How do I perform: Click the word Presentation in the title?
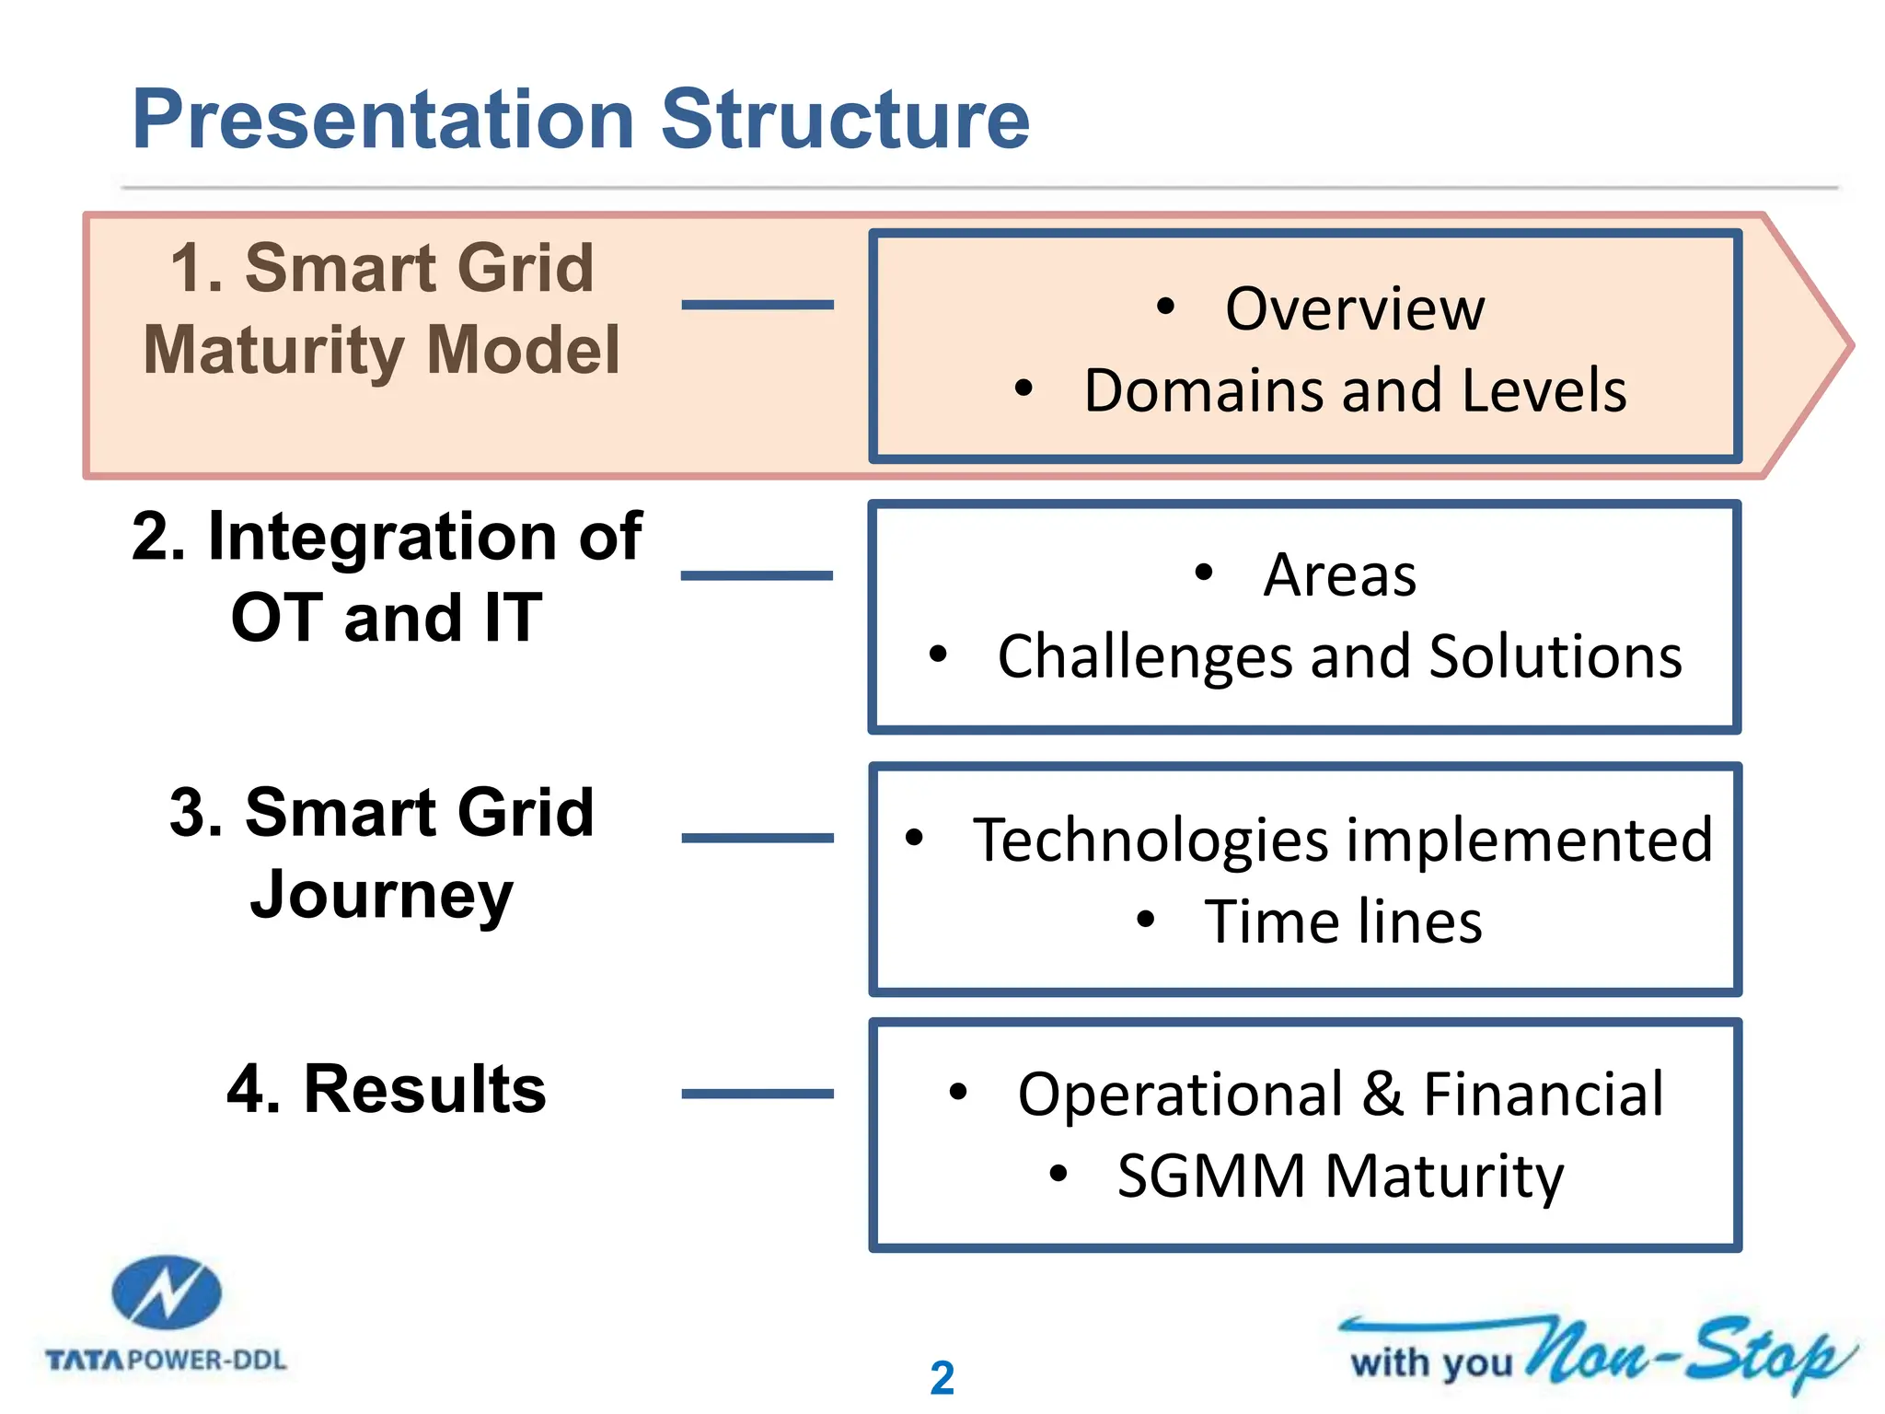(x=384, y=120)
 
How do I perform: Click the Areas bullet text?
(x=1339, y=574)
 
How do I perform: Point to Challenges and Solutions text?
(x=1340, y=656)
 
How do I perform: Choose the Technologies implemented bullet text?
(x=1343, y=840)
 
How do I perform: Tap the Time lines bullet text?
(x=1344, y=921)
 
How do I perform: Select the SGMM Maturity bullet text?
(x=1340, y=1176)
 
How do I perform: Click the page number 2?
(x=942, y=1378)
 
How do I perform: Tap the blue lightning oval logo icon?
(x=167, y=1292)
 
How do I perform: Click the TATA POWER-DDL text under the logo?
(x=167, y=1360)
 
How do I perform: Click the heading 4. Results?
(x=387, y=1089)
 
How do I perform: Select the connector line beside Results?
(x=757, y=1094)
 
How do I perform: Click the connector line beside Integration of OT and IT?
(x=757, y=575)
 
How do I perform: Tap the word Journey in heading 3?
(x=381, y=896)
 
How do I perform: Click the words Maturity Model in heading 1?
(x=382, y=351)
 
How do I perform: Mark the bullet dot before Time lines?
(x=1146, y=919)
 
